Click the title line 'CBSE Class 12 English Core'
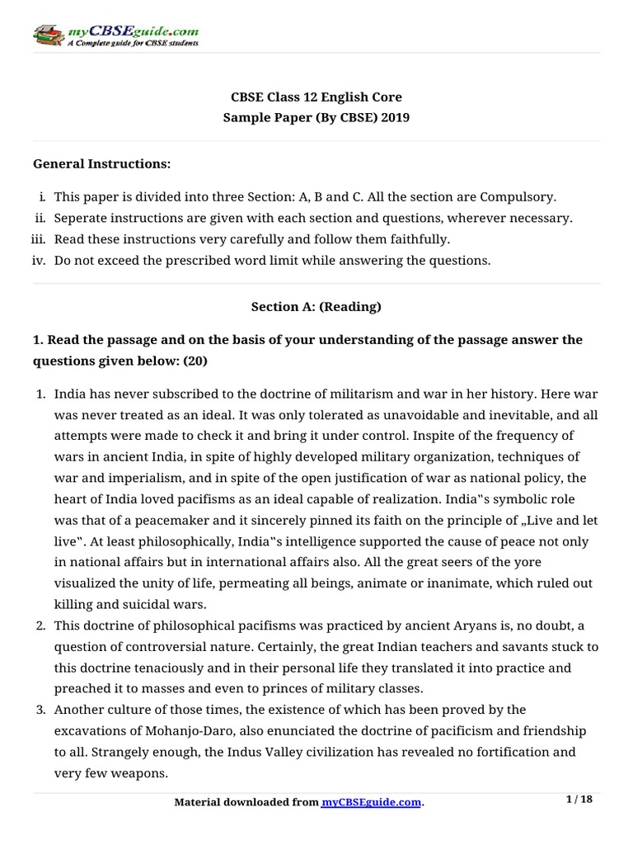[316, 97]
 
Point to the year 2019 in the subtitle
[394, 117]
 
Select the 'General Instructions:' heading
[101, 164]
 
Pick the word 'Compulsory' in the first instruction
[523, 197]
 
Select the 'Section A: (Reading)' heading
[316, 307]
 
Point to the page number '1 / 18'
[581, 799]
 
